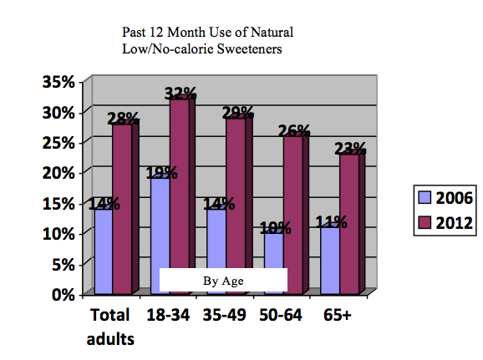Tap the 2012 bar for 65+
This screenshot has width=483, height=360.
(x=349, y=224)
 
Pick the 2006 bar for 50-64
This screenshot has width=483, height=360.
(x=274, y=264)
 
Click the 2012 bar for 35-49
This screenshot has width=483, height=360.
(x=236, y=205)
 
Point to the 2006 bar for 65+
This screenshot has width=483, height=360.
(x=330, y=261)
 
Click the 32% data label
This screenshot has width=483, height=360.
(x=180, y=94)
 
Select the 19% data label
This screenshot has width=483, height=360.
(x=161, y=173)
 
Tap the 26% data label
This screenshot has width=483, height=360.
(x=294, y=131)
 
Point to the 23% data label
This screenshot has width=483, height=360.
(x=350, y=149)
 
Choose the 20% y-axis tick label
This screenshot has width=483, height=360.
(x=58, y=173)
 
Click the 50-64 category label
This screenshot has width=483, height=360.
(x=281, y=315)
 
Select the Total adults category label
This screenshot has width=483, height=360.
(x=110, y=327)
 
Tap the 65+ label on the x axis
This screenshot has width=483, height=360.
(x=338, y=315)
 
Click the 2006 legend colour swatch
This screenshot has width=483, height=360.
(x=425, y=197)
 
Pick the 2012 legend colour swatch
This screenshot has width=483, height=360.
(x=425, y=222)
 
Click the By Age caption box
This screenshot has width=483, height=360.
(x=223, y=280)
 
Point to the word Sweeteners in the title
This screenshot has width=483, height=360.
(x=249, y=49)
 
